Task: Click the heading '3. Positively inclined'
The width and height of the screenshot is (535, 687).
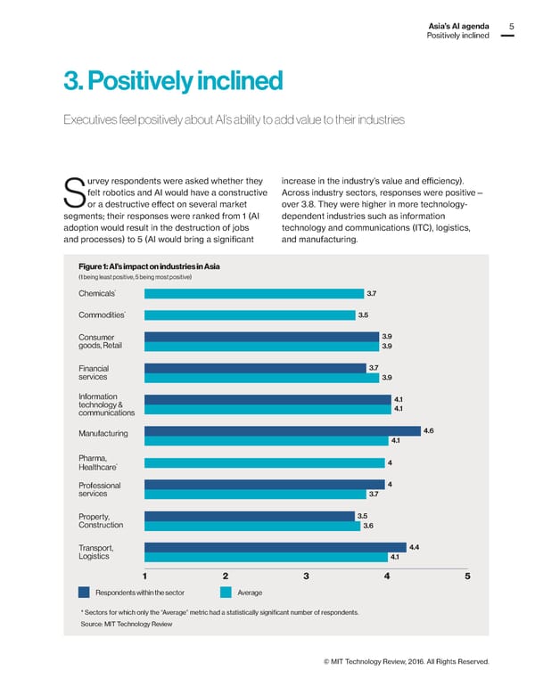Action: (x=173, y=82)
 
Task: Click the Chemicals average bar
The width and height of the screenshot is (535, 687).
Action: (x=253, y=292)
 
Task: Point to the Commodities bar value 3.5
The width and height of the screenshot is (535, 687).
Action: (x=363, y=315)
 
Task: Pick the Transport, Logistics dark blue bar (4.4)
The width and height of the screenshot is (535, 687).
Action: (x=276, y=546)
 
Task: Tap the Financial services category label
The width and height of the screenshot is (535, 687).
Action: (x=94, y=372)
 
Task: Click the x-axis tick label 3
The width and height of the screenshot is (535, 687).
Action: (x=306, y=576)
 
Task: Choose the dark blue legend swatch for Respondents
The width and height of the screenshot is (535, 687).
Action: (x=84, y=592)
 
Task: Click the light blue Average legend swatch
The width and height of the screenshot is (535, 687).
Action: (x=226, y=592)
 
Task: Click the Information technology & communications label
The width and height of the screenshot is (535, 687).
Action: (x=106, y=405)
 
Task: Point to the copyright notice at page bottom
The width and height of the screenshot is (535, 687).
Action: (x=407, y=660)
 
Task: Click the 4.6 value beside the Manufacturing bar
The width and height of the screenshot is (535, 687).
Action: (x=429, y=431)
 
